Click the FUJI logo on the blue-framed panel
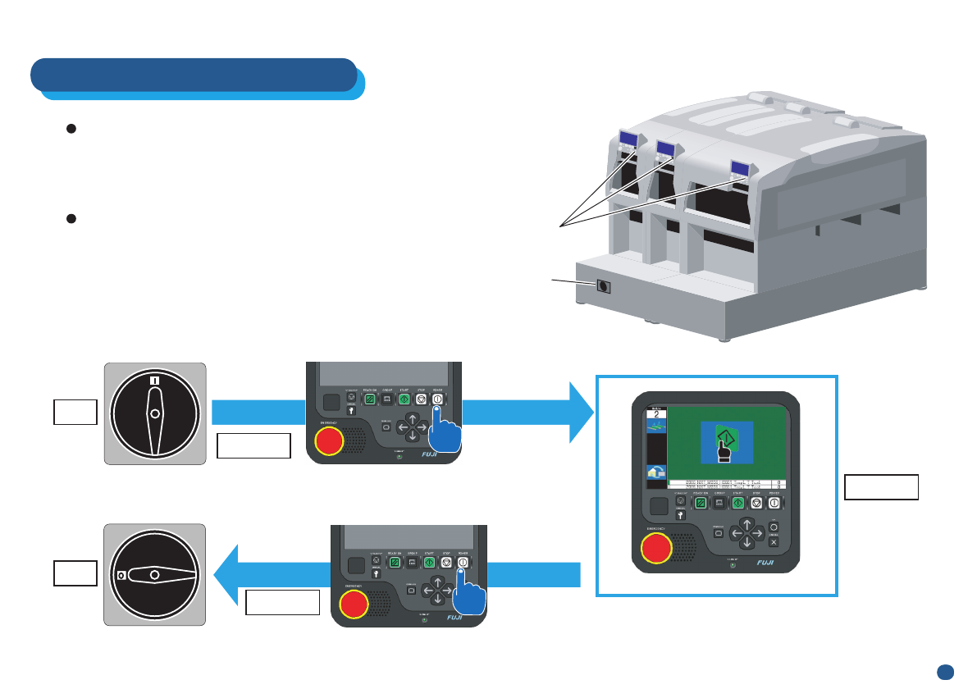(765, 564)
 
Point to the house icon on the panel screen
(656, 472)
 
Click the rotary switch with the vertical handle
(154, 413)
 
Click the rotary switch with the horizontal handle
(154, 575)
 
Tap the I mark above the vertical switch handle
(154, 381)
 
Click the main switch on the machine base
(604, 286)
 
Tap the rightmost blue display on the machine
(741, 166)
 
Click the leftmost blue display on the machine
(628, 138)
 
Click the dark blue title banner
(194, 75)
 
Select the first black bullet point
(71, 130)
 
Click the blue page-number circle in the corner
(945, 671)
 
